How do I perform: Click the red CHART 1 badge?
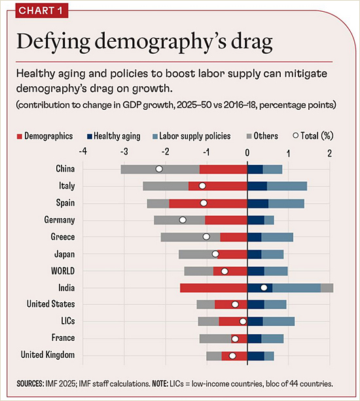[x=42, y=10]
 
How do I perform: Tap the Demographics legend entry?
[x=45, y=136]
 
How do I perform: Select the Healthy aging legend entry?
[x=114, y=136]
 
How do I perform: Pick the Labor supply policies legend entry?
[x=192, y=136]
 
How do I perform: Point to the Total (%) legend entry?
[x=313, y=136]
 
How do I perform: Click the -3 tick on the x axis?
[x=124, y=152]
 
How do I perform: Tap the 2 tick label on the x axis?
[x=329, y=153]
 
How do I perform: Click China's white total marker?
[x=159, y=169]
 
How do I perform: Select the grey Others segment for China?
[x=160, y=169]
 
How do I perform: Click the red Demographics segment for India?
[x=213, y=288]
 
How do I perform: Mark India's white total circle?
[x=264, y=288]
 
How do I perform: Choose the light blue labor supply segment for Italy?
[x=287, y=186]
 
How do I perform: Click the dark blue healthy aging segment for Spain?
[x=258, y=203]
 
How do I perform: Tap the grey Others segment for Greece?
[x=190, y=237]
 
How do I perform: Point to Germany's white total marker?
[x=183, y=220]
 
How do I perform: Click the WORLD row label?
[x=63, y=271]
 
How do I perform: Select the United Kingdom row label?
[x=48, y=355]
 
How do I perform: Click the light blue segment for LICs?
[x=279, y=321]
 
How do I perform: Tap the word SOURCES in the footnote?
[x=30, y=383]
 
